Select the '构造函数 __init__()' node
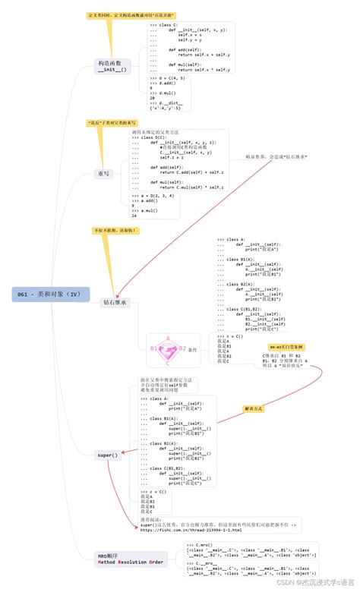tap(112, 66)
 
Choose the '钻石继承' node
tap(114, 302)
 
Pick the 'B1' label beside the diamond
tap(154, 348)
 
